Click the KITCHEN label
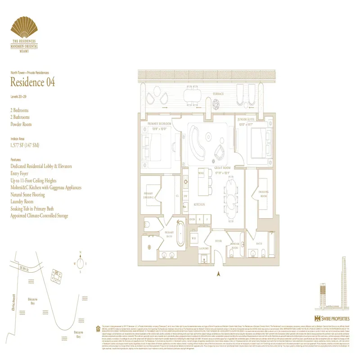(200, 204)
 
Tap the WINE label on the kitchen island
(201, 173)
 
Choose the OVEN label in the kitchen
(192, 220)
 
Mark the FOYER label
(219, 241)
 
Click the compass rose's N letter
(80, 252)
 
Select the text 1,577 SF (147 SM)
(28, 145)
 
